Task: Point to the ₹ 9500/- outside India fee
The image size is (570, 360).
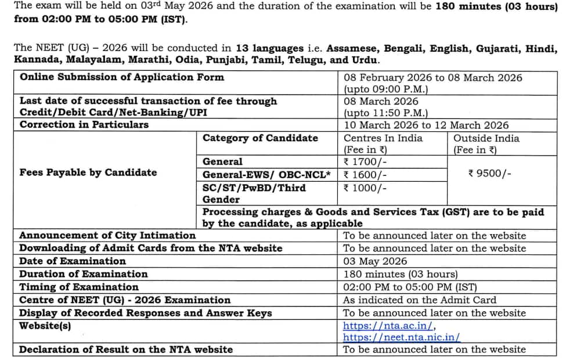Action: tap(489, 174)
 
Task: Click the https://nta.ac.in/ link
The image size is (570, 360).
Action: tap(389, 326)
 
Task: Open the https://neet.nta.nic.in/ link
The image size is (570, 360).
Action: tap(402, 337)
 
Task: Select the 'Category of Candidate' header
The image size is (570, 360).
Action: tap(260, 138)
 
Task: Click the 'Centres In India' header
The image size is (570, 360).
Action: tap(383, 138)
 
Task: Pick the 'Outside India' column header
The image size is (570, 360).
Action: tap(486, 138)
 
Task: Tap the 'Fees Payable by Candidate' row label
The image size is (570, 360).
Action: tap(88, 172)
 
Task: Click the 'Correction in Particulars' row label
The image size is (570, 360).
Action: tap(84, 125)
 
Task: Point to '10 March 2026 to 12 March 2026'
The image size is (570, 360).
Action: tap(426, 125)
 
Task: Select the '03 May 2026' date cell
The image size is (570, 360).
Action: tap(375, 261)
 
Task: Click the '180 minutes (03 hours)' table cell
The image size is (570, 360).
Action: tap(401, 274)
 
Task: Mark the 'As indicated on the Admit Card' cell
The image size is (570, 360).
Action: tap(420, 300)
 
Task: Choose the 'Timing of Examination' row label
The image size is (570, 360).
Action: tap(79, 287)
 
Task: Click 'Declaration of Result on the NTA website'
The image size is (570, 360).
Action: tap(126, 350)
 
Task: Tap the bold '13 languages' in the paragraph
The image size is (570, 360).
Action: tap(269, 48)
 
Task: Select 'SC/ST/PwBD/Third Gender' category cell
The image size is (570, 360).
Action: tap(254, 193)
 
